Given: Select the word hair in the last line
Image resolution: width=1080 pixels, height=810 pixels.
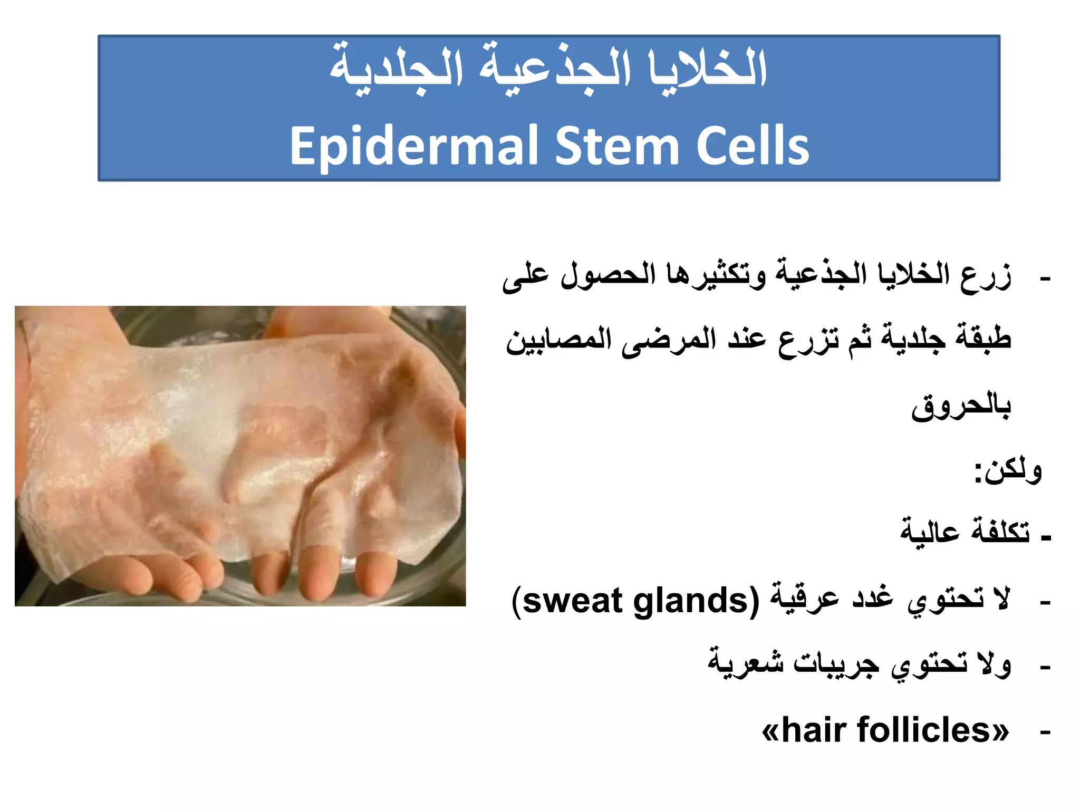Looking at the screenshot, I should click(815, 730).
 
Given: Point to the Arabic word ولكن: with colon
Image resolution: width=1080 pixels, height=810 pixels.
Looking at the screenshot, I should click(1008, 470).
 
